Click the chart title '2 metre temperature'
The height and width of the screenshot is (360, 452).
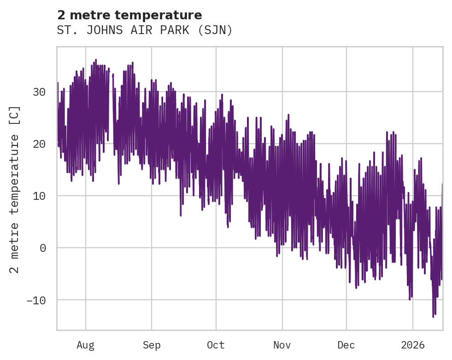(x=129, y=16)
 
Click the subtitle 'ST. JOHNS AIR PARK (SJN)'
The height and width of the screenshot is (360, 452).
(x=145, y=30)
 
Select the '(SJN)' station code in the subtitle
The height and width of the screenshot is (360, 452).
(x=217, y=30)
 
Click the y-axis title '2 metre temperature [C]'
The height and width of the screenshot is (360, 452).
(x=15, y=189)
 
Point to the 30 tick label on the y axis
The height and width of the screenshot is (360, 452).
(x=39, y=92)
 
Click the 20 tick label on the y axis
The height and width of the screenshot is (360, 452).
(x=39, y=144)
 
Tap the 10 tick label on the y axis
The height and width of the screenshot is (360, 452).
(x=39, y=196)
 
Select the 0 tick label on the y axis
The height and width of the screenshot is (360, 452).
(x=42, y=248)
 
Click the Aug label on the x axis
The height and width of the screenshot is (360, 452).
(x=85, y=345)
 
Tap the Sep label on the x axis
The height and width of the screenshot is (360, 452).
(x=151, y=345)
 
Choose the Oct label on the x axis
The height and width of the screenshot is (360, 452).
(x=216, y=345)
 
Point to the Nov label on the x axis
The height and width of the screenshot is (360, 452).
(x=282, y=345)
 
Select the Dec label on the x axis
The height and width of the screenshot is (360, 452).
(x=346, y=345)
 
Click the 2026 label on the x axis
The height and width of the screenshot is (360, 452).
(x=413, y=345)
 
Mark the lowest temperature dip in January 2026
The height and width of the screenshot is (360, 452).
(x=433, y=316)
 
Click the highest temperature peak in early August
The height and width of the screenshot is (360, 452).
(x=96, y=60)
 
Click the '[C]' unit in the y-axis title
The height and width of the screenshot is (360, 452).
(x=15, y=116)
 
